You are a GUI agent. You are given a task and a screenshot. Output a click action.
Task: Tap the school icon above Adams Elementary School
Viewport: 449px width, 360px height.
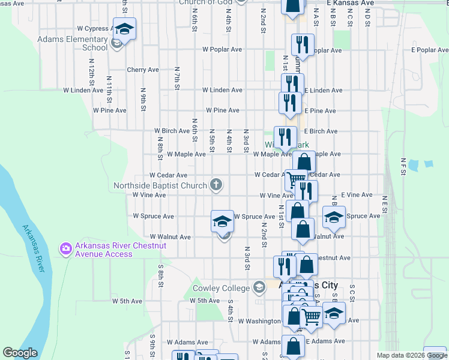coord(124,28)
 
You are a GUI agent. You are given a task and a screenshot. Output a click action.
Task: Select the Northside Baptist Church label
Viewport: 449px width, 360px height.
coord(161,185)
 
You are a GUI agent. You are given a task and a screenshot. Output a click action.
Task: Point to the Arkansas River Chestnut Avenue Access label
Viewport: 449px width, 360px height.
coord(103,250)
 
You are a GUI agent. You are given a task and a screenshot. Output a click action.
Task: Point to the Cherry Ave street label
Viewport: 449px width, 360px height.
coord(143,70)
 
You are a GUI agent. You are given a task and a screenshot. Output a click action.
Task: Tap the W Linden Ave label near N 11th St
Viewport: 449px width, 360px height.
coord(83,90)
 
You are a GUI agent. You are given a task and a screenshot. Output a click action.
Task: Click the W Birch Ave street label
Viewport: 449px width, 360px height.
coord(172,130)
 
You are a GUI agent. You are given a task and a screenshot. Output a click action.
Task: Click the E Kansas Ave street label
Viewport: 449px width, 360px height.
coord(350,3)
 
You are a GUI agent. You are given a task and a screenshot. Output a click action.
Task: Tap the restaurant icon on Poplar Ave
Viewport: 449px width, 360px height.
coord(302,44)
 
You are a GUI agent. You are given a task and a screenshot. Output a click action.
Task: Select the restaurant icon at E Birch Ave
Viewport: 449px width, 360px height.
coord(285,137)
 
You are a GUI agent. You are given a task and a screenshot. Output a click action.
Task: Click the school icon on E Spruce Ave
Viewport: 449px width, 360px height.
coord(334,217)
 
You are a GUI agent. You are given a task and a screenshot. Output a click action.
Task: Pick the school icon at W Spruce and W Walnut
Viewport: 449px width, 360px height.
coord(222,221)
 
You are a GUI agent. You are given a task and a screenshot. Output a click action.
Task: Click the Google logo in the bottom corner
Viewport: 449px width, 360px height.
coord(20,353)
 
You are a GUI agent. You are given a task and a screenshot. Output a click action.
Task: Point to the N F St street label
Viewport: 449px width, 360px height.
coord(403,165)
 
